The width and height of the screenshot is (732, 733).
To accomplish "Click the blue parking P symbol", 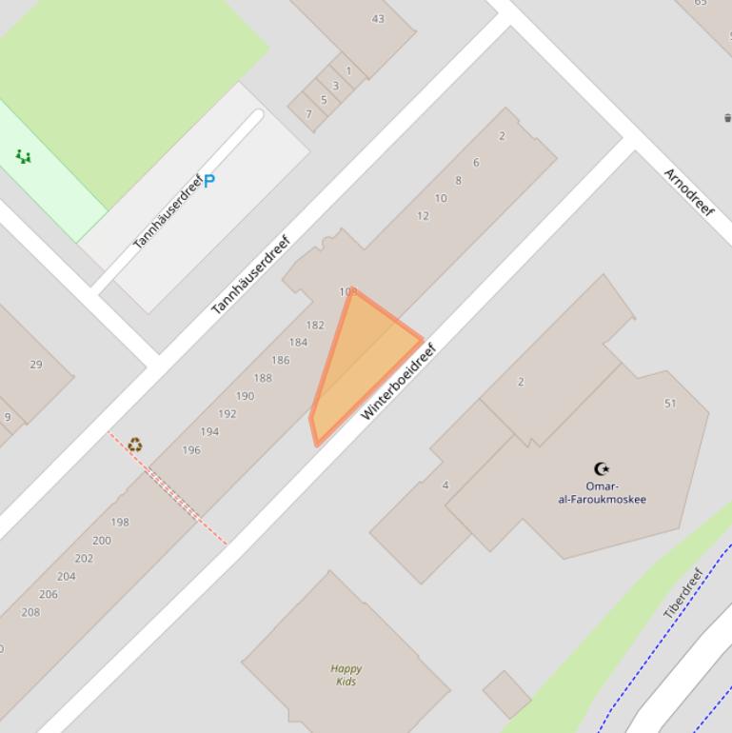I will [x=209, y=181].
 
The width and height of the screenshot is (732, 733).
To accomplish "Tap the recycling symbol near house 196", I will [x=135, y=444].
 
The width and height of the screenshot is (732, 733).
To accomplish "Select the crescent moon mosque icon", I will [x=602, y=468].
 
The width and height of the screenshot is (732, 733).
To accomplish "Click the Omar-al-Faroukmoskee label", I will [x=602, y=493].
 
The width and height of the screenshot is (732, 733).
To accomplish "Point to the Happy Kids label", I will [x=346, y=675].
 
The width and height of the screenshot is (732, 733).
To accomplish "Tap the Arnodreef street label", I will [x=688, y=192].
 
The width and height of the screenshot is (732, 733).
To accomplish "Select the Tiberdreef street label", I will [x=683, y=594].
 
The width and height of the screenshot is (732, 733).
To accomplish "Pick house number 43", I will [x=378, y=19].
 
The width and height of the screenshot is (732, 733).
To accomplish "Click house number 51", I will [x=670, y=404].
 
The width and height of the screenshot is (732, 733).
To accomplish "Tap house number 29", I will [x=36, y=365].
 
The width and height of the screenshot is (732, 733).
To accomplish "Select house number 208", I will [x=30, y=612].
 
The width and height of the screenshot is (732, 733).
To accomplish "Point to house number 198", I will [x=120, y=522].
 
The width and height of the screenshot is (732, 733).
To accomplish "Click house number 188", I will [x=262, y=378].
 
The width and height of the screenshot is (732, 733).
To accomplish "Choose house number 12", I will [x=423, y=216].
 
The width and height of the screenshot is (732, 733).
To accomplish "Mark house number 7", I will [x=308, y=114].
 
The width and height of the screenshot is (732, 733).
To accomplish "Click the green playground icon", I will [x=23, y=156].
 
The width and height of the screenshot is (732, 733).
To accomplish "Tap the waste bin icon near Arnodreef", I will [x=727, y=118].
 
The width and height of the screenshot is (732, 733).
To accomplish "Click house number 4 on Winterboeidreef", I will [x=445, y=485].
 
